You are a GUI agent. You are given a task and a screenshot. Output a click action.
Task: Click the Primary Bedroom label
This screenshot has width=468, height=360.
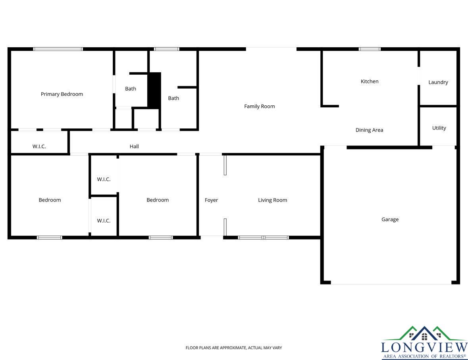coord(62,94)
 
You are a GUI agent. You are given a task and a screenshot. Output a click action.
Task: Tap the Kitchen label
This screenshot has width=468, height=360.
coord(370,81)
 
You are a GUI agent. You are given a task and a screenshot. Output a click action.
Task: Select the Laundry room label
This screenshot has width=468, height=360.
coord(438,82)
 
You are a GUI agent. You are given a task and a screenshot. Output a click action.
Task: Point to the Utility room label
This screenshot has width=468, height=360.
coord(439,128)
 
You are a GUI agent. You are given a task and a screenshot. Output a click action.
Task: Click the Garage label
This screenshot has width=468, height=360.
coord(390,219)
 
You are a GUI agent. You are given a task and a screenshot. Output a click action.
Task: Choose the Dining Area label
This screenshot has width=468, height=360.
coord(369,130)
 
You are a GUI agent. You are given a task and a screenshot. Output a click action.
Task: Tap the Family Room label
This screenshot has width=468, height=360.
coord(259,106)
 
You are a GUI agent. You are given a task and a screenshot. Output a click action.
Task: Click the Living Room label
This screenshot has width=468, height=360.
coord(272,200)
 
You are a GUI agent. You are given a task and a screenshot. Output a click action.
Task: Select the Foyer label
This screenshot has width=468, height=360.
coord(211,200)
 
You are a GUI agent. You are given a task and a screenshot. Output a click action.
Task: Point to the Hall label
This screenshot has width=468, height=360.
coord(134,146)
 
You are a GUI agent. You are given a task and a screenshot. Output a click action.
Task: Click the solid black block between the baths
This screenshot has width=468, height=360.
coord(154,90)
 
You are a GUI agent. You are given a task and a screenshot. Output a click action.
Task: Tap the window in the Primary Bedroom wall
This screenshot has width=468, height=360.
coord(58,49)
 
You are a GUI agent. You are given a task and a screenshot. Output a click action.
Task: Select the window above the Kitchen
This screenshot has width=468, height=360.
coord(370,49)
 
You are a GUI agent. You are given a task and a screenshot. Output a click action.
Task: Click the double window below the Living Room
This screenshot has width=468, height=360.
coord(263,238)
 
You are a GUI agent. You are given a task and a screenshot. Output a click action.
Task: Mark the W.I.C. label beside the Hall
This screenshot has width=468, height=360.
coord(39,146)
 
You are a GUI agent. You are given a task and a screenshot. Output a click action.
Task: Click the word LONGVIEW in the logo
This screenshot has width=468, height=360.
coord(424,347)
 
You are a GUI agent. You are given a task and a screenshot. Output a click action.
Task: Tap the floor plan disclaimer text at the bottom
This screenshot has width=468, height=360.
coord(234,348)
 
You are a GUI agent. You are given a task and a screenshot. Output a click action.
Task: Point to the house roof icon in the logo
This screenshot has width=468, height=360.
coord(424,333)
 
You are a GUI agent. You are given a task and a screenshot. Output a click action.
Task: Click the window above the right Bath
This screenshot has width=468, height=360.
coord(167,49)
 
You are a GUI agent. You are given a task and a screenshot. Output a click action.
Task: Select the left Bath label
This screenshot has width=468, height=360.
coord(131,89)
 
